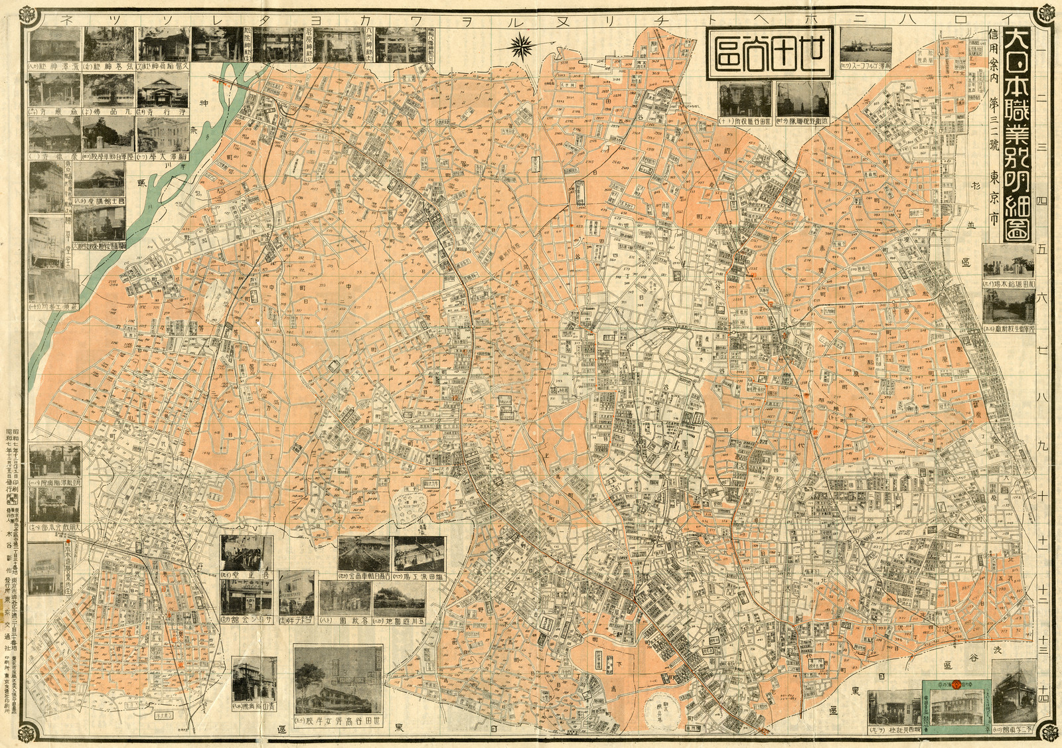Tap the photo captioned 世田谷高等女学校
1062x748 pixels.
pos(338,683)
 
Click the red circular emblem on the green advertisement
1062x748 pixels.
pos(956,684)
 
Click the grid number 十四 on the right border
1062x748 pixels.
pos(1047,697)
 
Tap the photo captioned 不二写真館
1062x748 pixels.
pos(1014,703)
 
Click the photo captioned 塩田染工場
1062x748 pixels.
pos(419,554)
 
